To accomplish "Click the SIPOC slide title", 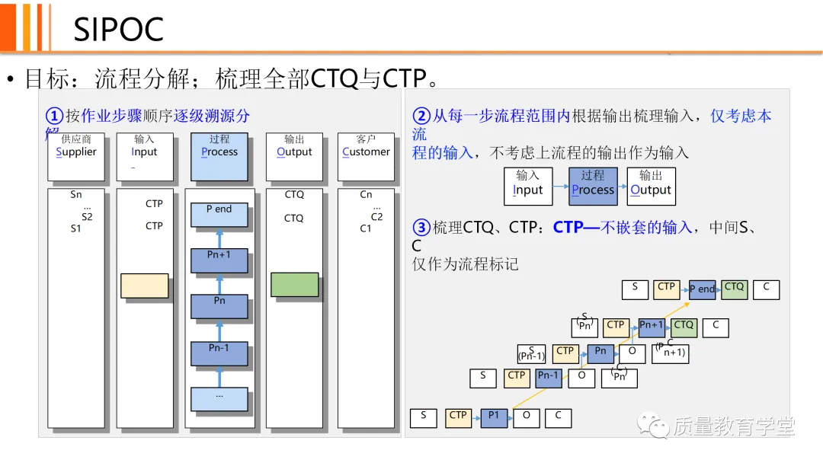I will (x=118, y=30).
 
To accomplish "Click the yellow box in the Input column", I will (x=144, y=286).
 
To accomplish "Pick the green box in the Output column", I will (x=294, y=284).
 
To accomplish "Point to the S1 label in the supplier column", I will (x=75, y=228).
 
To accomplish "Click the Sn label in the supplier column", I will (x=76, y=195).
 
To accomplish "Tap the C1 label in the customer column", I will (x=366, y=228).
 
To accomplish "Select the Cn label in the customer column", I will (x=366, y=195).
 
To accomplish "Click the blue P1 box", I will (x=494, y=417).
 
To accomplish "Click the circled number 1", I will (x=54, y=116).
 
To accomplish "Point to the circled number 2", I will (x=421, y=116).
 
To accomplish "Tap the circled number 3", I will (x=421, y=227).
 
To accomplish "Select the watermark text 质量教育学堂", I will (x=733, y=427).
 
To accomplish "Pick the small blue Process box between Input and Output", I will (x=593, y=187).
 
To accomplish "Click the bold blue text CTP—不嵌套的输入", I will (x=623, y=227).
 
